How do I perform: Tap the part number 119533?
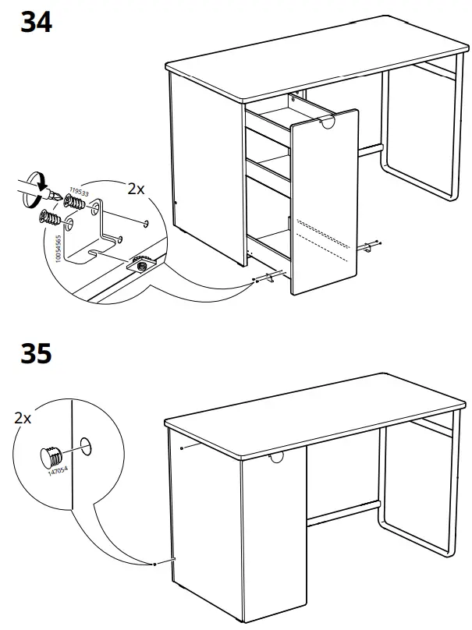point(76,190)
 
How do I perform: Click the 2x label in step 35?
point(23,418)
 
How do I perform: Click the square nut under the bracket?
point(142,265)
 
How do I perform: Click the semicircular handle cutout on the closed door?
point(275,458)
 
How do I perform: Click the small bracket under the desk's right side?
point(368,247)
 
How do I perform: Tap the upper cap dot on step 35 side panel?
point(181,448)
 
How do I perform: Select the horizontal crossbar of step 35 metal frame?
point(344,513)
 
